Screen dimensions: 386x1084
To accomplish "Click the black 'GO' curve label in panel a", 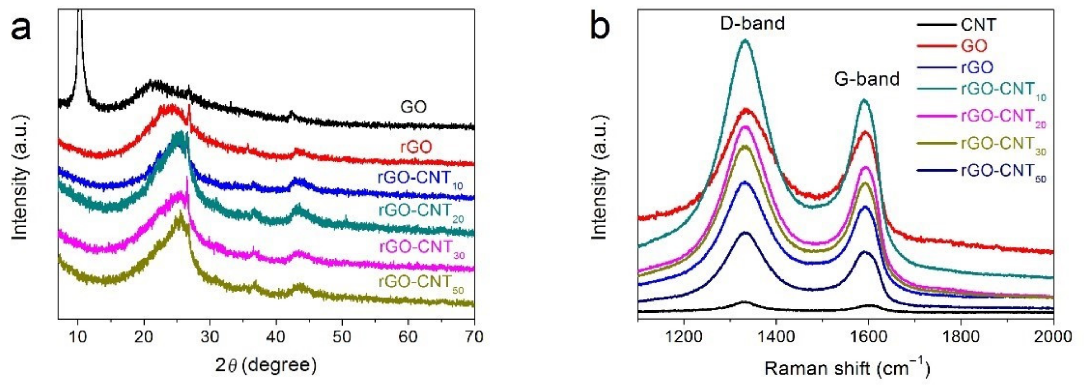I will click(414, 107).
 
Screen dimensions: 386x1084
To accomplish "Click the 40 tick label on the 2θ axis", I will click(276, 337).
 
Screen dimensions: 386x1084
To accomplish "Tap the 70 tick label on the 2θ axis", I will click(474, 337).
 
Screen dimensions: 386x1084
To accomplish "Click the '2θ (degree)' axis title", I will click(266, 365).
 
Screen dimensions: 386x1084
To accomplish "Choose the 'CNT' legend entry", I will click(978, 25).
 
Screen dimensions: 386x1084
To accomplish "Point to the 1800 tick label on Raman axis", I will click(961, 337).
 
